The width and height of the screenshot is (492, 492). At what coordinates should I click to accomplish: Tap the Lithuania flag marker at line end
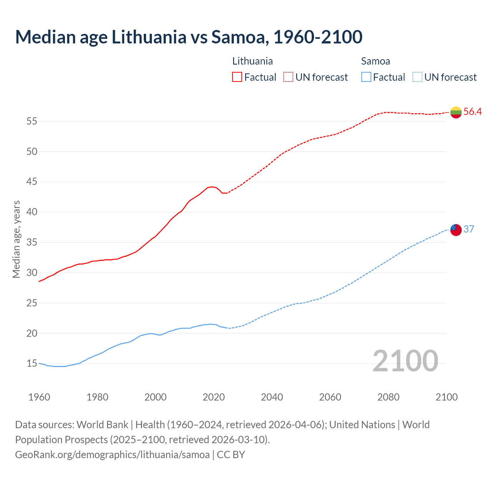pyautogui.click(x=456, y=112)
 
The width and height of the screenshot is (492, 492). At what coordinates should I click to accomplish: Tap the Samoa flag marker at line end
pyautogui.click(x=456, y=229)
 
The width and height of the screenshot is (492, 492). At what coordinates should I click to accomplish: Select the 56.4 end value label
pyautogui.click(x=472, y=111)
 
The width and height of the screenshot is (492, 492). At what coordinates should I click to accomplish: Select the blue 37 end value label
pyautogui.click(x=469, y=229)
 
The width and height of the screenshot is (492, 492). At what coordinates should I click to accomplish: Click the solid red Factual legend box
pyautogui.click(x=237, y=77)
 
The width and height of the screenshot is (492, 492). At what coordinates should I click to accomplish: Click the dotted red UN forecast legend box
pyautogui.click(x=288, y=77)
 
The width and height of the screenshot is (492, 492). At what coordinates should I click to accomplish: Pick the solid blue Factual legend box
pyautogui.click(x=366, y=77)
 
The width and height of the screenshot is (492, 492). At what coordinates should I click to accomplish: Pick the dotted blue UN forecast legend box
pyautogui.click(x=417, y=77)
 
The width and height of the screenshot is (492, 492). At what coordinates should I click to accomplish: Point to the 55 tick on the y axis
pyautogui.click(x=32, y=121)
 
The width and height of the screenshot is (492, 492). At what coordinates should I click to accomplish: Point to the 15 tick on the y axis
pyautogui.click(x=32, y=364)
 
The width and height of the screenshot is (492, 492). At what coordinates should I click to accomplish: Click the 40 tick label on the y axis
pyautogui.click(x=32, y=212)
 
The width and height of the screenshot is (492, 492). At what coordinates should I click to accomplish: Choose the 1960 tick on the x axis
pyautogui.click(x=39, y=397)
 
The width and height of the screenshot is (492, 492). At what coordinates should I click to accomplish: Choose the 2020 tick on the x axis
pyautogui.click(x=214, y=397)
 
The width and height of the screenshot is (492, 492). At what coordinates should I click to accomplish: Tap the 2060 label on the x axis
pyautogui.click(x=330, y=397)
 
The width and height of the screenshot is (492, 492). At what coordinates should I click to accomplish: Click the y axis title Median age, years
pyautogui.click(x=16, y=239)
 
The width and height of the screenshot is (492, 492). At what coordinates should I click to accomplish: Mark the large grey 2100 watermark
pyautogui.click(x=405, y=361)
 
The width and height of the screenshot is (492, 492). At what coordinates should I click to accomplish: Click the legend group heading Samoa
pyautogui.click(x=376, y=61)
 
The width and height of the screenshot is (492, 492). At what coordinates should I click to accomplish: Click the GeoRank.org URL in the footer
pyautogui.click(x=112, y=455)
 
